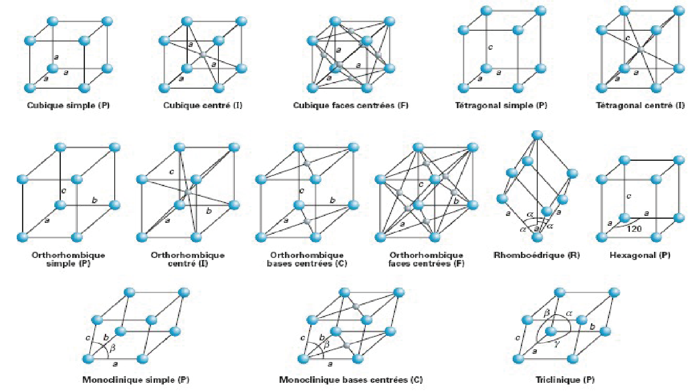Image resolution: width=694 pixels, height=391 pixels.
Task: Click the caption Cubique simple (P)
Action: (68, 105)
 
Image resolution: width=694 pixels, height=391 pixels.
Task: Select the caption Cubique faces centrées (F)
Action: (351, 105)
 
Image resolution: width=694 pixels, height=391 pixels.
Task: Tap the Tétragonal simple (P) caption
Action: (501, 105)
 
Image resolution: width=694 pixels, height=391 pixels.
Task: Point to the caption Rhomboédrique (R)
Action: (536, 255)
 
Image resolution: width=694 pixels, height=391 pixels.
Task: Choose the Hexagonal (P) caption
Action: (640, 255)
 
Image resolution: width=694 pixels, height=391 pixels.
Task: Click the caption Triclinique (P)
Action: (565, 380)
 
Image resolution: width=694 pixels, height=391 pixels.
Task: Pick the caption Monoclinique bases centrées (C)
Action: (351, 380)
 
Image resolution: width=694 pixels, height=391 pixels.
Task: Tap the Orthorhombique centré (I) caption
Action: (188, 259)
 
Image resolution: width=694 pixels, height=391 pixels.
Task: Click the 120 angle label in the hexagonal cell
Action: (634, 229)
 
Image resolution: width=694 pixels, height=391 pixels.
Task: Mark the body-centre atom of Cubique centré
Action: (203, 54)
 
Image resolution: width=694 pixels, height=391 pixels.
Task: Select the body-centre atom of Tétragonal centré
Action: (641, 49)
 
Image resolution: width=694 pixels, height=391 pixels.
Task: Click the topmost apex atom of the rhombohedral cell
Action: (538, 135)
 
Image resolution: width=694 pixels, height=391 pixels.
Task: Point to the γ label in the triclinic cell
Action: (557, 344)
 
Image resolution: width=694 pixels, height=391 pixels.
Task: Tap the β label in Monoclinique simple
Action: (113, 347)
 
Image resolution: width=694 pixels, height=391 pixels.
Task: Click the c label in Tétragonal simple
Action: (490, 47)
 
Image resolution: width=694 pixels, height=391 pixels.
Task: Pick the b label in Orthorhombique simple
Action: (95, 200)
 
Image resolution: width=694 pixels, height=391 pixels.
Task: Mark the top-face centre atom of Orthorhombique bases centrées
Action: (307, 163)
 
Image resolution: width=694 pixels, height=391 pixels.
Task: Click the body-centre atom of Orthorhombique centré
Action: (188, 192)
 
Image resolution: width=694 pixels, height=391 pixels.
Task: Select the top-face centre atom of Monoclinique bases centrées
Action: (356, 306)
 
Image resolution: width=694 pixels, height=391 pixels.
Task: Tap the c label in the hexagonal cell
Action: (629, 196)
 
